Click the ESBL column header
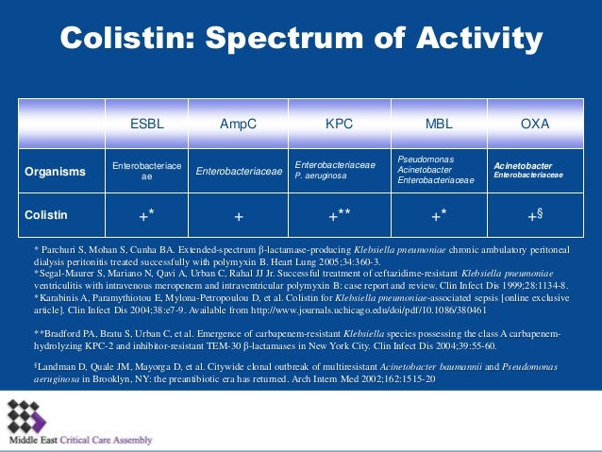click(146, 125)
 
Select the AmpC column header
click(239, 125)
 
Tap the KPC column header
click(339, 125)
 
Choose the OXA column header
click(535, 125)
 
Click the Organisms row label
click(55, 172)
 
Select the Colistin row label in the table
click(46, 215)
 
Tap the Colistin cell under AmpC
click(239, 216)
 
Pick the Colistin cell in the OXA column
click(535, 215)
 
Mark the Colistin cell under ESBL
click(146, 215)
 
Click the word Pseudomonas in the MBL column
click(426, 159)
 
